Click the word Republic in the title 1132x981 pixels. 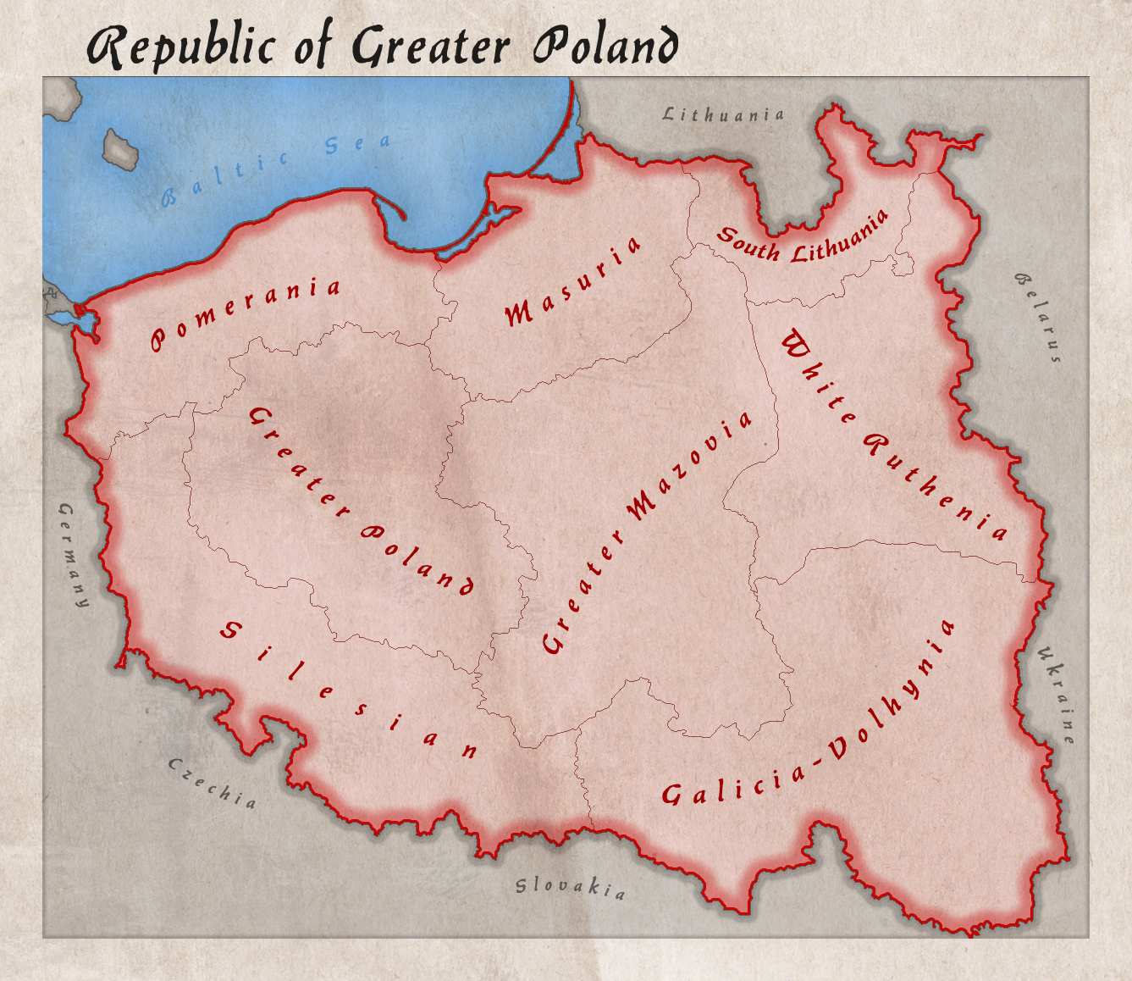tap(182, 47)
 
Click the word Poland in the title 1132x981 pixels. tap(605, 46)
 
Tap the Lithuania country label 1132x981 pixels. tap(723, 114)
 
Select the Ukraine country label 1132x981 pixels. tap(1057, 695)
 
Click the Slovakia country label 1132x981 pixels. tap(572, 887)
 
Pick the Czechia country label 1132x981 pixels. tap(213, 783)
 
